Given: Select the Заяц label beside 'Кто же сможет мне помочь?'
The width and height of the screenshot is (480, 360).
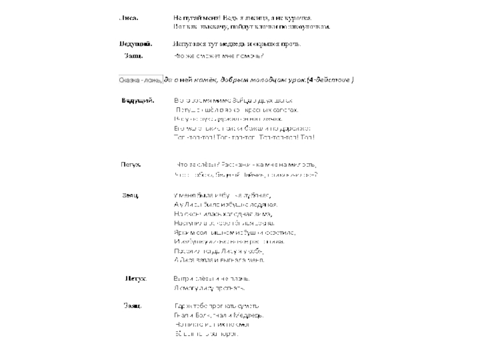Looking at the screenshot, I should click(x=133, y=56).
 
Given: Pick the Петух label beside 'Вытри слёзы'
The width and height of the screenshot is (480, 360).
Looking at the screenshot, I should click(x=136, y=279).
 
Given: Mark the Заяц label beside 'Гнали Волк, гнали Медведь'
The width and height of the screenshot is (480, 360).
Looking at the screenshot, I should click(x=133, y=306).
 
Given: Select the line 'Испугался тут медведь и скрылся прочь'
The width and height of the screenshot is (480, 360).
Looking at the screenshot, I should click(x=236, y=44).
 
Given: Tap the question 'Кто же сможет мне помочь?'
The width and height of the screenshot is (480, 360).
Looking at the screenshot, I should click(x=218, y=56).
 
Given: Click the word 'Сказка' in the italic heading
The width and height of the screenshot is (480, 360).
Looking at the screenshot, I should click(x=128, y=80).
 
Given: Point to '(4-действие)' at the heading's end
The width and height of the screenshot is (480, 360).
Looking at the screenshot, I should click(x=331, y=80).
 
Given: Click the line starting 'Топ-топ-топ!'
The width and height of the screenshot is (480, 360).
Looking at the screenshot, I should click(x=244, y=137).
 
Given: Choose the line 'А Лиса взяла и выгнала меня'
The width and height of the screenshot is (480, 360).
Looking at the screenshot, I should click(x=218, y=260).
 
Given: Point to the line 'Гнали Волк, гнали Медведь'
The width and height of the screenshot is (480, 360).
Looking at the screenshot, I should click(x=218, y=315).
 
